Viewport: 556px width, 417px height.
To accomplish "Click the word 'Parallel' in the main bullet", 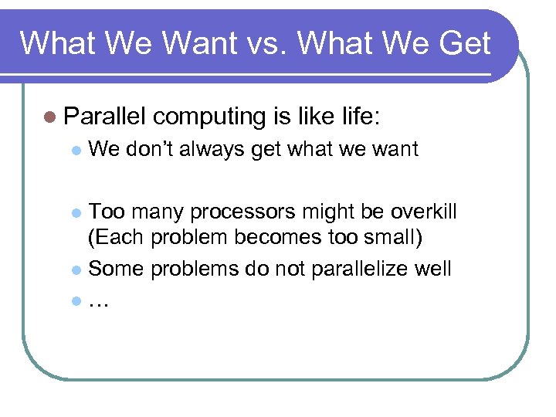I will tap(105, 117).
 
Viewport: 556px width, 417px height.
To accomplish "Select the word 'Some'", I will tap(116, 270).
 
